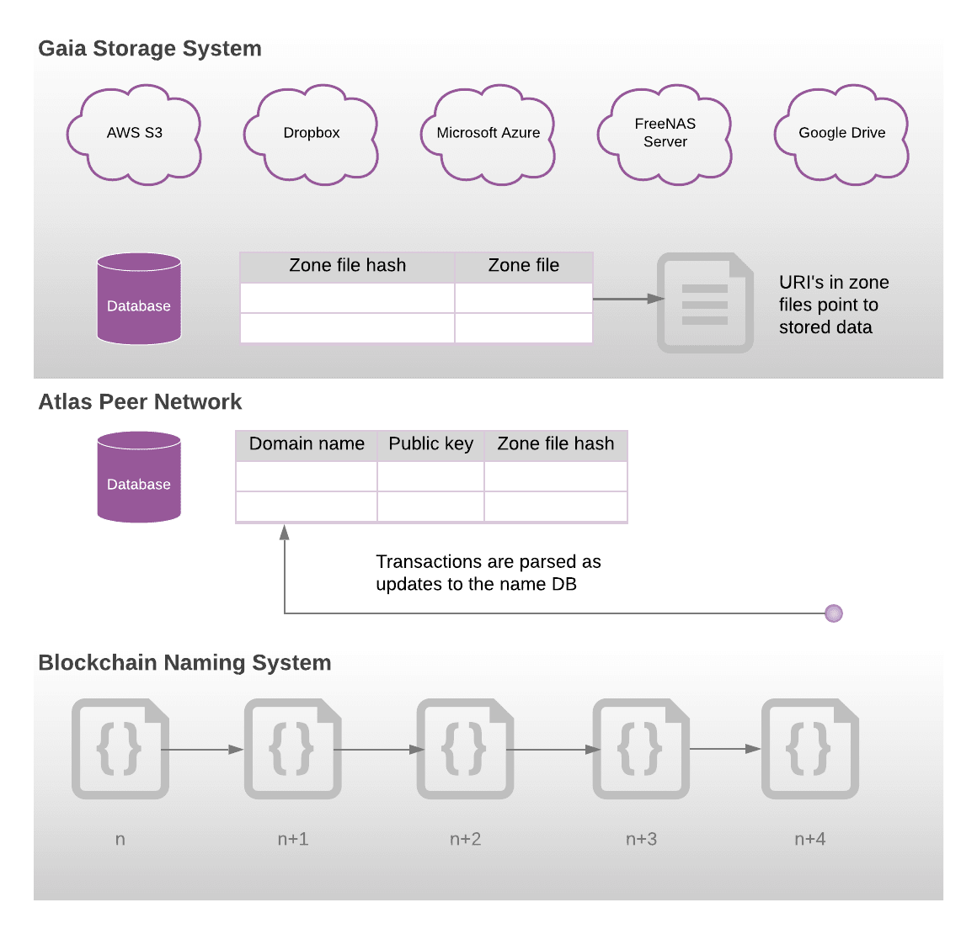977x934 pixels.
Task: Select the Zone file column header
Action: click(x=524, y=266)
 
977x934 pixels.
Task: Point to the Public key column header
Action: click(x=431, y=444)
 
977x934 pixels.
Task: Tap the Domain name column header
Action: click(x=307, y=444)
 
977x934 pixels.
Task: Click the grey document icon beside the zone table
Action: click(x=705, y=303)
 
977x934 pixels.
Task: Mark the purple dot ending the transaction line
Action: click(x=834, y=613)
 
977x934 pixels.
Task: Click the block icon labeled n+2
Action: click(x=465, y=749)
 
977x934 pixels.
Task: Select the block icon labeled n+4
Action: click(x=810, y=749)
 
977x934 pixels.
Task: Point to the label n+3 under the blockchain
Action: click(x=641, y=839)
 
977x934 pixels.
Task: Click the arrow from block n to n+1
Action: click(x=202, y=749)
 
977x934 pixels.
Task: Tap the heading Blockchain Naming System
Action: click(x=184, y=663)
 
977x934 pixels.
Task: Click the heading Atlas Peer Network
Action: click(x=140, y=402)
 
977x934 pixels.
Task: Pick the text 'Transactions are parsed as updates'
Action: click(x=488, y=573)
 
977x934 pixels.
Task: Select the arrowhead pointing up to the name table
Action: click(x=285, y=532)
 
